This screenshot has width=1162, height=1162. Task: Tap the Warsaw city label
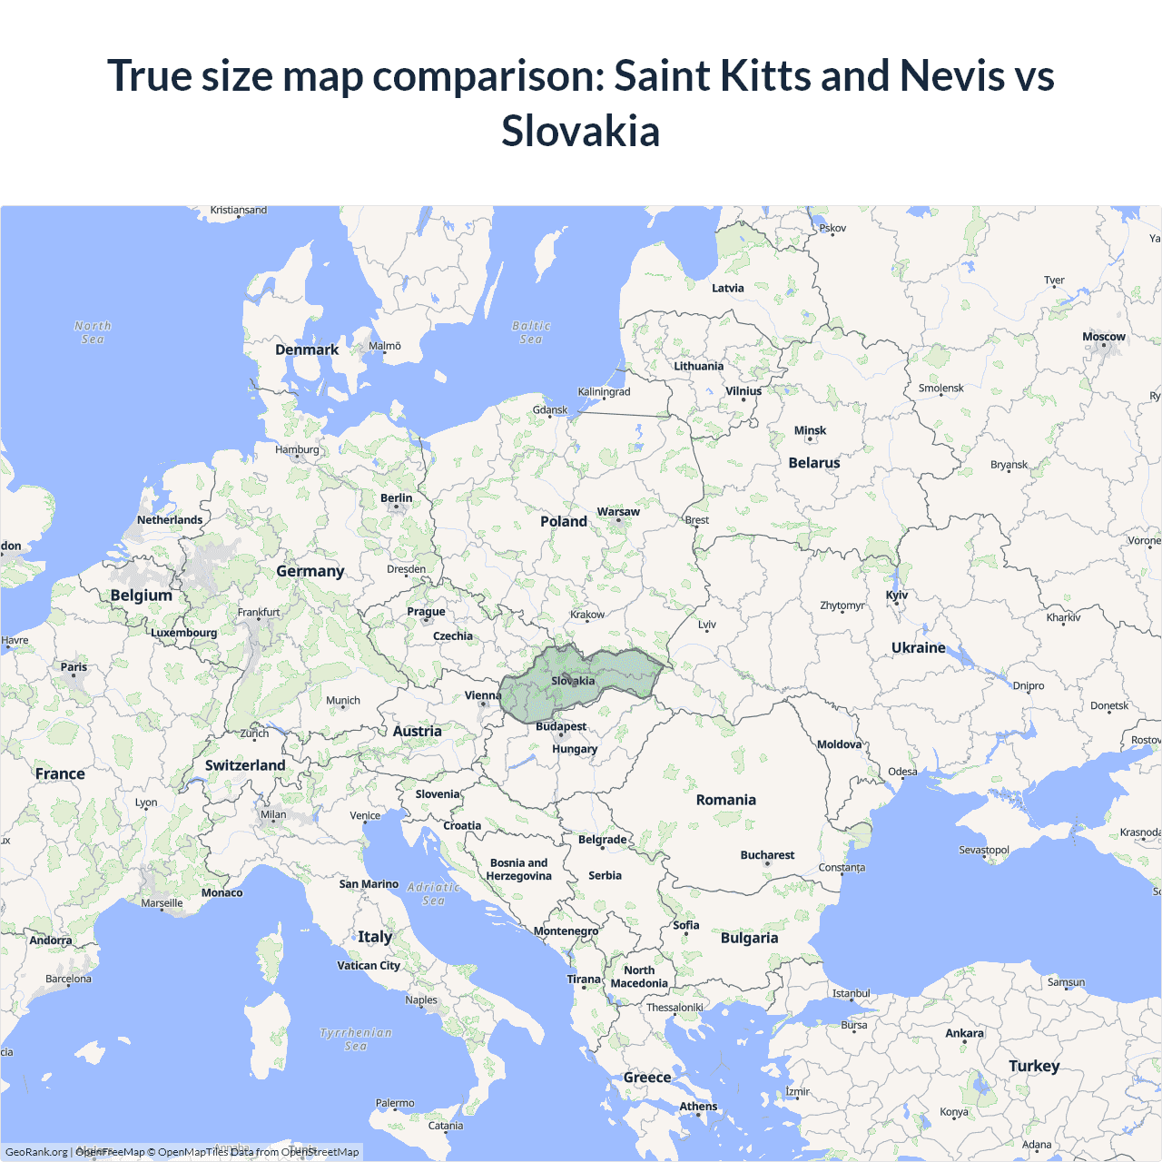[x=618, y=512]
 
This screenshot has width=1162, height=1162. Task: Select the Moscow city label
[x=1103, y=337]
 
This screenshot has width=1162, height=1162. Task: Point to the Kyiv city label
[x=897, y=596]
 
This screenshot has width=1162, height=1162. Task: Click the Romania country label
[x=725, y=800]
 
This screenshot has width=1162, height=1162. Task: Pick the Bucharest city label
[x=767, y=855]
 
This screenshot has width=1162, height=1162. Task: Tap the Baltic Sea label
[x=531, y=332]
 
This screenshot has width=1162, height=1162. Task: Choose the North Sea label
[x=93, y=332]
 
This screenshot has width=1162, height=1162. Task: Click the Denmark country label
[x=307, y=350]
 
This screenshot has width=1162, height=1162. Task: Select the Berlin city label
[x=396, y=498]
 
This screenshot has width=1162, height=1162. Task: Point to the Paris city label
[x=74, y=667]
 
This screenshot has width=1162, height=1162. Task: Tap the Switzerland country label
[x=245, y=765]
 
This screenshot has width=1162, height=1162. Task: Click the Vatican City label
[x=369, y=966]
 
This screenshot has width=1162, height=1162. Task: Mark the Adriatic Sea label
[x=434, y=894]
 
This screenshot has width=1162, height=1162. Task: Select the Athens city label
[x=698, y=1107]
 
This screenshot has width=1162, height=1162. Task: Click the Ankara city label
[x=964, y=1033]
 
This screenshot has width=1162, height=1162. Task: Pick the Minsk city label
[x=810, y=431]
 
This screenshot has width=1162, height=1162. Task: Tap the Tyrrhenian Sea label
[x=356, y=1039]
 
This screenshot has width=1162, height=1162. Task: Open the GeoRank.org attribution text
[x=36, y=1152]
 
